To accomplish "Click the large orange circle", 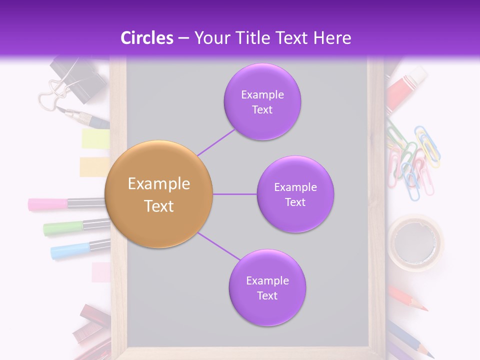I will (x=159, y=194).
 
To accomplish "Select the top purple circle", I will (x=262, y=101).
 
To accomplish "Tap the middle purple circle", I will (x=295, y=194).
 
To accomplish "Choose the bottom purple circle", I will (x=267, y=287).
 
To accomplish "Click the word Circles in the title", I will (x=146, y=37).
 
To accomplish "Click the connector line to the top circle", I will (x=216, y=141).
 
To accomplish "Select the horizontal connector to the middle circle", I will (x=234, y=194).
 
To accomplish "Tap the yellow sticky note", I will (x=95, y=138).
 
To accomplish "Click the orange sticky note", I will (x=94, y=167).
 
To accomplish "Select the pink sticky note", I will (x=101, y=272).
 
